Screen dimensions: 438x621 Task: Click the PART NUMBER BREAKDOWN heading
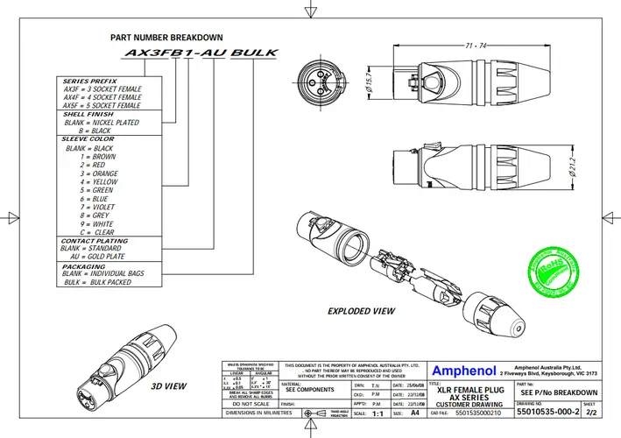coord(166,39)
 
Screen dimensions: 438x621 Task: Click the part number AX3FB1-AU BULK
coord(201,53)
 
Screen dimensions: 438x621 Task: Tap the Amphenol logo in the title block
coord(464,371)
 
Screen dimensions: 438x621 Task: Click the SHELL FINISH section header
coord(88,115)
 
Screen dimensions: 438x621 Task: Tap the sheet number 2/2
coord(590,411)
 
